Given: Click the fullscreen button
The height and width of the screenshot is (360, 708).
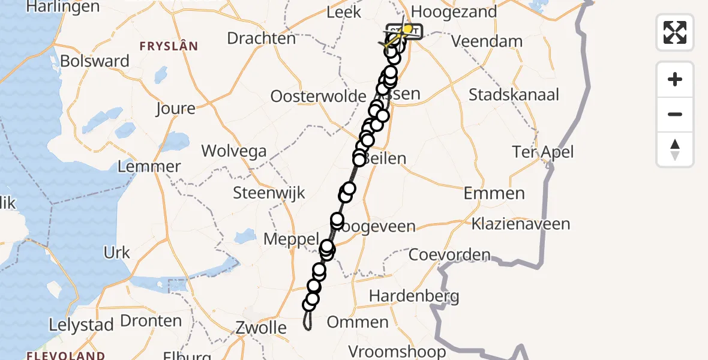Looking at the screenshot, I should pos(675,32).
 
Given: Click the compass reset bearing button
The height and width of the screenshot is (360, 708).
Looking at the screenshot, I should pos(675,149).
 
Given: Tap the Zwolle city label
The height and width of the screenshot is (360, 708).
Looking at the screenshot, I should pos(268,328).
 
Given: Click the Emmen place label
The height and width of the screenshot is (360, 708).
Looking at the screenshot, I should pos(494,193).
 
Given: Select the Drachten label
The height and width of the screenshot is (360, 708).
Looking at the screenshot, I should pos(262,39).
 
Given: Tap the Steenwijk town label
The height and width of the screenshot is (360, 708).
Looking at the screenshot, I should pos(269,193).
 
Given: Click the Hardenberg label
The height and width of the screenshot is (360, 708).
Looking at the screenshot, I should pos(414,296).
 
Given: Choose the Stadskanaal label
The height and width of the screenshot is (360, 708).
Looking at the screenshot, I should pos(514,95).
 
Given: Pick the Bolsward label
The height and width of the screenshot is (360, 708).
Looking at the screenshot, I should pos(95,61).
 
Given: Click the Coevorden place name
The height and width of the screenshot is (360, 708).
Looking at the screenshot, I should pos(450,254).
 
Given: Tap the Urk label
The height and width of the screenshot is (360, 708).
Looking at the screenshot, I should pos(116,253).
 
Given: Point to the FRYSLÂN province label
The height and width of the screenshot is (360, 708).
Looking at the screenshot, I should pos(169,46).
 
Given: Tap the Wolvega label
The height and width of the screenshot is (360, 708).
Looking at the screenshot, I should pos(234,151).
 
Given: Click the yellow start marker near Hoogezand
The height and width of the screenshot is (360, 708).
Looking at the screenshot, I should pos(408,29).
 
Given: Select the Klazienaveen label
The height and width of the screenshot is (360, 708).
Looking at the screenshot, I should pos(520,224).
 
